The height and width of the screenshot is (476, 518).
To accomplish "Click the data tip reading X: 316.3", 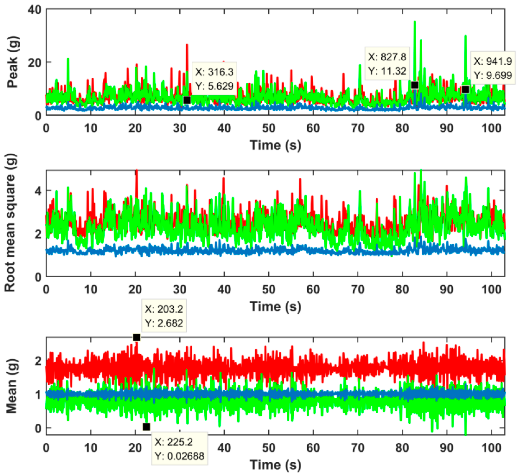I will point(214,79).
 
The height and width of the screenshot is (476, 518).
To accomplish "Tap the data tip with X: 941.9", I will point(492,68).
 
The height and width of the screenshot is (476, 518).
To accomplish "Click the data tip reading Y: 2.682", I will point(164,316).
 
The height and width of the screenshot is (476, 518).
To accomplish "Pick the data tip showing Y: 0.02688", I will point(179,449).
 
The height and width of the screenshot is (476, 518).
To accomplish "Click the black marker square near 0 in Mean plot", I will point(146,427).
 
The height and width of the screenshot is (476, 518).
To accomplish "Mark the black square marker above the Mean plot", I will point(137,337).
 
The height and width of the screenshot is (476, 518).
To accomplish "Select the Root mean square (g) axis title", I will point(10,223).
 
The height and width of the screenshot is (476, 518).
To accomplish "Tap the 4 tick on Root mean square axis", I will point(38,191).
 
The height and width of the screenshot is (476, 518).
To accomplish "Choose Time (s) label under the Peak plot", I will point(275,145).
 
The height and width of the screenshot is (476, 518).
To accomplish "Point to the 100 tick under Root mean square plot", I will point(491,290).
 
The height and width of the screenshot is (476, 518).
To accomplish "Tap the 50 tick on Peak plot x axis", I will point(269,128).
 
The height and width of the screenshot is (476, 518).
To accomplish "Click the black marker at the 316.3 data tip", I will point(187,100).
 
